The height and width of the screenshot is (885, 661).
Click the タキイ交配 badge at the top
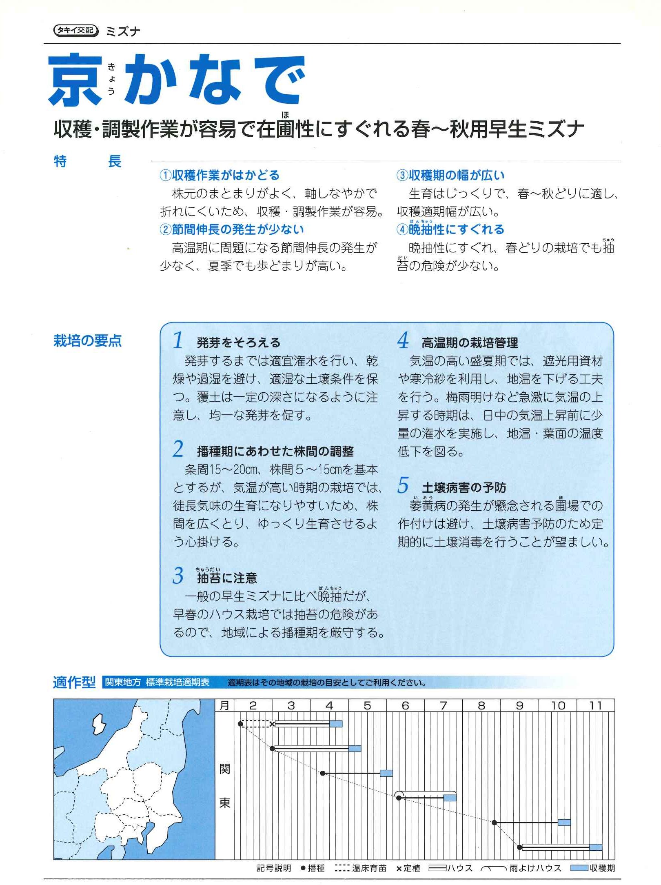[76, 31]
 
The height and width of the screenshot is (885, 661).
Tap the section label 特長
[87, 162]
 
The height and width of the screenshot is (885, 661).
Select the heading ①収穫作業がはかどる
[220, 176]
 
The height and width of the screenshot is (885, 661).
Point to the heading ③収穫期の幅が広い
[451, 176]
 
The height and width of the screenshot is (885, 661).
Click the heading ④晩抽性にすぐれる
[451, 230]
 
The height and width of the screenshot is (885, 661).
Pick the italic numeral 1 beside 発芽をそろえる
[178, 341]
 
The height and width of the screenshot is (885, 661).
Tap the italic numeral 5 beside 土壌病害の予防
[403, 486]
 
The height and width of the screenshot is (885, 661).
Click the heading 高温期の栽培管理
[470, 343]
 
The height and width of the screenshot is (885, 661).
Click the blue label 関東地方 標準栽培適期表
[157, 683]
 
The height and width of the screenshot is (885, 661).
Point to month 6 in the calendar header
[405, 706]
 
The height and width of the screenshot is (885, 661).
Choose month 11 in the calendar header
[596, 706]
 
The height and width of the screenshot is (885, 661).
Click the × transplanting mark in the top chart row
[272, 724]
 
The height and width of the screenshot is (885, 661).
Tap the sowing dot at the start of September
[495, 823]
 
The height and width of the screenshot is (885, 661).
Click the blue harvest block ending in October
[564, 823]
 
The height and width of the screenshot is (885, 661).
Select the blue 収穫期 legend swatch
[579, 868]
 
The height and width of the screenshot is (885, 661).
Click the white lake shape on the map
[99, 725]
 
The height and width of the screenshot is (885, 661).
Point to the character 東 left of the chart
[225, 803]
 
